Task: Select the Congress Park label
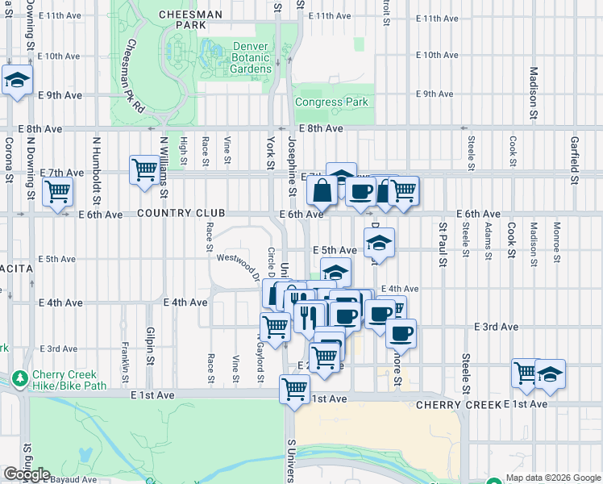click(x=331, y=102)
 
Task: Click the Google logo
click(x=27, y=474)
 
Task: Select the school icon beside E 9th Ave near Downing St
click(x=17, y=81)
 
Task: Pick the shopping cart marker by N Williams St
click(x=145, y=170)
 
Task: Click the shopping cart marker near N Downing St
click(x=58, y=193)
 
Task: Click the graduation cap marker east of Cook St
click(x=550, y=373)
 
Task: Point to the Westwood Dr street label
click(x=239, y=266)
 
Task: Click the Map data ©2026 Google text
click(x=552, y=478)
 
